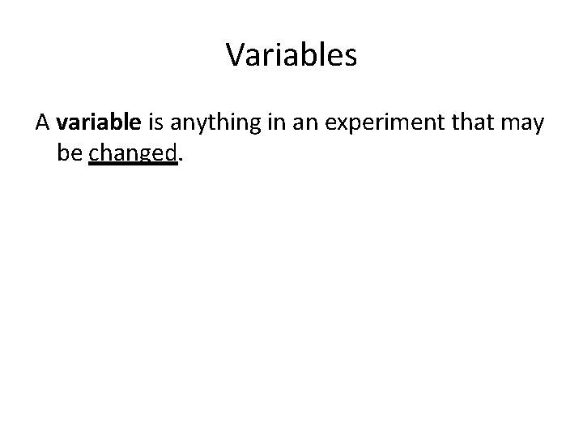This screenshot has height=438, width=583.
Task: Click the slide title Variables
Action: pos(291,55)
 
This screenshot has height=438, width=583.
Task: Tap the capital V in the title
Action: pos(236,55)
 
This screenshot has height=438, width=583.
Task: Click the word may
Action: pos(522,124)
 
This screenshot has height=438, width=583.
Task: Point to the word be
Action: pos(70,152)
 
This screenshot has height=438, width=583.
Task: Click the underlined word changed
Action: pos(132,152)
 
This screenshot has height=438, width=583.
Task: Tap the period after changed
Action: pos(180,159)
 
